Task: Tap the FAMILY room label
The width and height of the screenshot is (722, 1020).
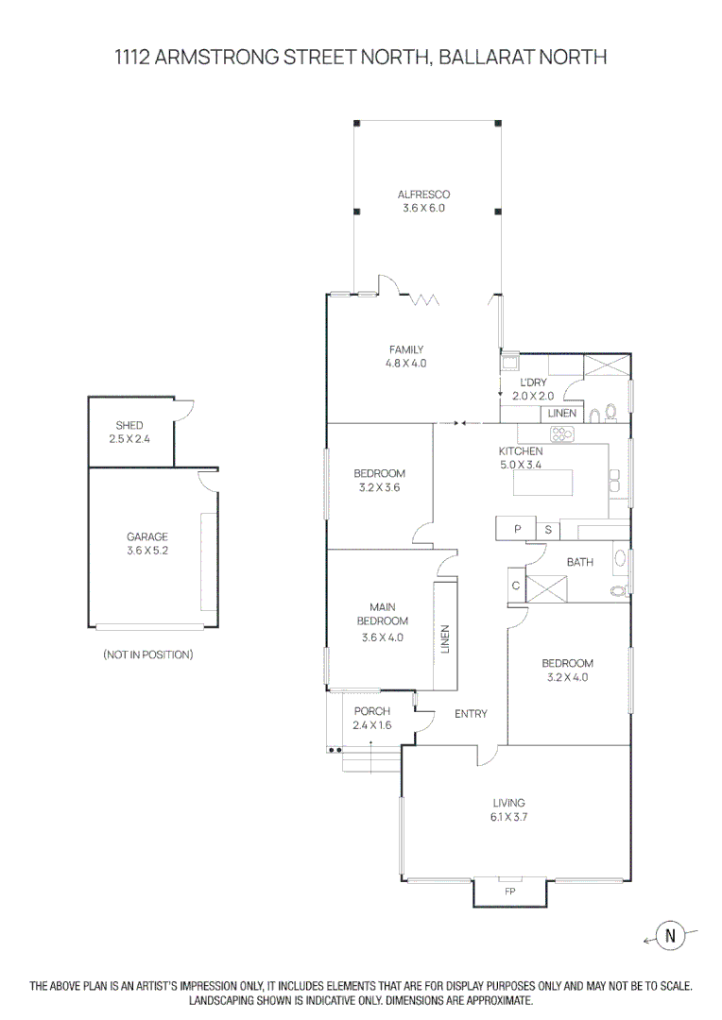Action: [x=405, y=349]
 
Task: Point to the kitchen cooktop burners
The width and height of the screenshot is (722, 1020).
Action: [x=563, y=434]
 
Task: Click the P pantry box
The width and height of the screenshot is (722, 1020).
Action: [x=517, y=529]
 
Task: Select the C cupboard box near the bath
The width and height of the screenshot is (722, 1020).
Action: [x=516, y=586]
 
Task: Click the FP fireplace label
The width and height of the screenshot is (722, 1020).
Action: [x=509, y=892]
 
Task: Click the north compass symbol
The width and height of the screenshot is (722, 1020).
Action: [x=671, y=936]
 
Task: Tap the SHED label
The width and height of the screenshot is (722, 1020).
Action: [x=129, y=426]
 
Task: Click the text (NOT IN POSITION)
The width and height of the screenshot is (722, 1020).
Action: [x=147, y=654]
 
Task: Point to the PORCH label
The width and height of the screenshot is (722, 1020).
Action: [x=371, y=711]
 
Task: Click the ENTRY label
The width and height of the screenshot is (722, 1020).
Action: [x=471, y=714]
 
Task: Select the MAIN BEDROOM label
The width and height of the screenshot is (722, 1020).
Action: [x=382, y=614]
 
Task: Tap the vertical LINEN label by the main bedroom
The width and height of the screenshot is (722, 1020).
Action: [x=445, y=639]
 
